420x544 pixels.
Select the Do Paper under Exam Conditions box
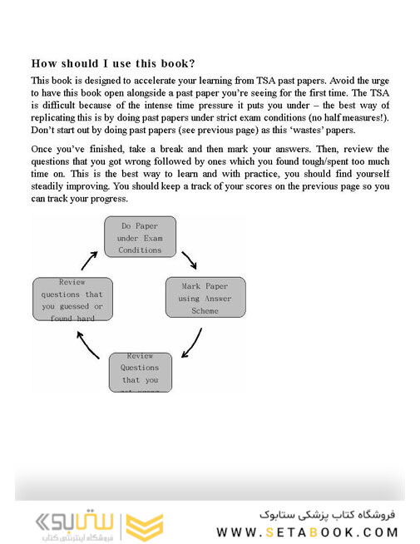pyautogui.click(x=140, y=237)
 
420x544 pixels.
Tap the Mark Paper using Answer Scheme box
pyautogui.click(x=205, y=298)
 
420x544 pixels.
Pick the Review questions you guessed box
pyautogui.click(x=72, y=299)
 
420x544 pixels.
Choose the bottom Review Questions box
pyautogui.click(x=140, y=373)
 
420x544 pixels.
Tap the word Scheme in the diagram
pyautogui.click(x=205, y=310)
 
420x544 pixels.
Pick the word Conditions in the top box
pyautogui.click(x=140, y=250)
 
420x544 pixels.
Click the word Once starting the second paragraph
pyautogui.click(x=46, y=149)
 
